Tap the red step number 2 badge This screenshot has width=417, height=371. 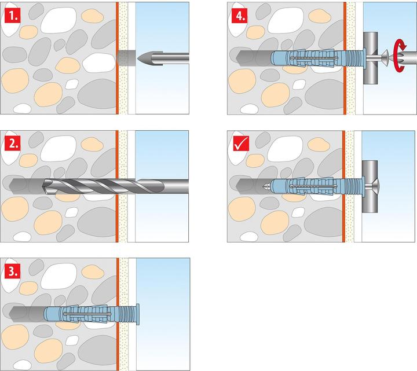pos(12,142)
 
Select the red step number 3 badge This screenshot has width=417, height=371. pos(12,270)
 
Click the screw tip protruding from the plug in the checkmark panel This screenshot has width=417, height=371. pos(265,186)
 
